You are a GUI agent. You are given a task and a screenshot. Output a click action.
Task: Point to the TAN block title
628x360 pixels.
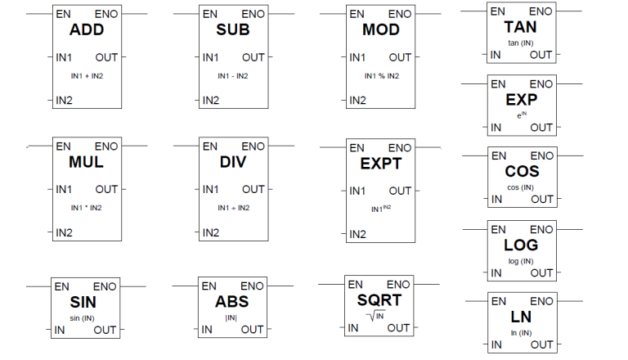tap(521, 28)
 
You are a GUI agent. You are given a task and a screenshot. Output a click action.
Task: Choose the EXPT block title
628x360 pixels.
tap(380, 164)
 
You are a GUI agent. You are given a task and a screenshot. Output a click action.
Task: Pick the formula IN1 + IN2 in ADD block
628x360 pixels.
tap(86, 76)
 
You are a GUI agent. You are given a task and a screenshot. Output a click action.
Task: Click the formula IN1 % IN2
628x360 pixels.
tap(381, 76)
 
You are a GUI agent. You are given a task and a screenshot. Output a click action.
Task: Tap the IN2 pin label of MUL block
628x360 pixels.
tap(65, 233)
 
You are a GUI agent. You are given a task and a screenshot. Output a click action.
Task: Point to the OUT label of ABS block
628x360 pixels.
tap(252, 330)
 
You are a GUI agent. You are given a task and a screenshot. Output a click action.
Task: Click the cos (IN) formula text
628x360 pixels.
tap(521, 187)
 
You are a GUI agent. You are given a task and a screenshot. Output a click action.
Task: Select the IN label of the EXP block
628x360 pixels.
tap(496, 128)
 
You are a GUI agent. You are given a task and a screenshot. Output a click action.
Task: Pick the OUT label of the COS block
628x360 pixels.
tap(542, 199)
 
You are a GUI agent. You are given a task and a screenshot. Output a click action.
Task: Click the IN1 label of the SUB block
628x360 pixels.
tap(211, 57)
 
